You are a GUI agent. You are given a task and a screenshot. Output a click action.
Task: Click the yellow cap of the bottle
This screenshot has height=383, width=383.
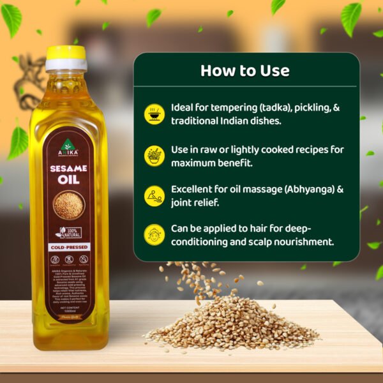(x=66, y=54)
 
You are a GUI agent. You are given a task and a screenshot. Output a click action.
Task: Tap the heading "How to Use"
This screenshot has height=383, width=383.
(x=244, y=70)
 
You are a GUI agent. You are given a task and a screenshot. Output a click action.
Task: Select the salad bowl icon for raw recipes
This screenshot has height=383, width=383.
(x=154, y=155)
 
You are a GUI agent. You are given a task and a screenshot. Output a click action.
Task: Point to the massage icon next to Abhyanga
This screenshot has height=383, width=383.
(x=154, y=195)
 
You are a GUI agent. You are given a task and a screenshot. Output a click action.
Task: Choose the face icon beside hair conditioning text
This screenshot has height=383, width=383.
(x=154, y=234)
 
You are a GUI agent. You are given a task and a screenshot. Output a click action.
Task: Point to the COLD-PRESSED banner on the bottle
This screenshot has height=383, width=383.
(x=69, y=246)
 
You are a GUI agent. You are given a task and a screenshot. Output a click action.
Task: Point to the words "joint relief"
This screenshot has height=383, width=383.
(x=196, y=204)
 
